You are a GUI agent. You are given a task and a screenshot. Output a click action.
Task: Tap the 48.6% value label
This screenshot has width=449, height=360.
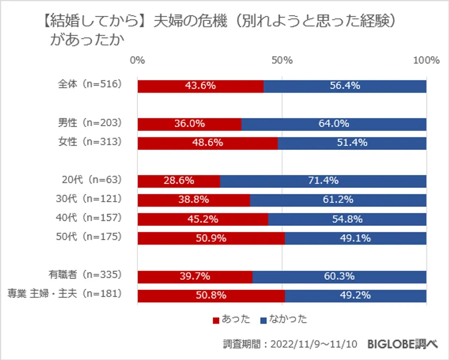click(x=207, y=143)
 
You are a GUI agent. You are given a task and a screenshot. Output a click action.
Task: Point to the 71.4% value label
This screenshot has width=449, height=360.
click(x=323, y=181)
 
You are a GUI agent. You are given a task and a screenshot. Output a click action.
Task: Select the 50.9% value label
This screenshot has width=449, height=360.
click(x=211, y=238)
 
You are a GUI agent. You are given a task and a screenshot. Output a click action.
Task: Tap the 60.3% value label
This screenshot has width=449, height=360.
click(x=339, y=276)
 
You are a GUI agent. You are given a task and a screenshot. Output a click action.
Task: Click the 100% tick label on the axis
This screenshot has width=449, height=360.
click(x=426, y=60)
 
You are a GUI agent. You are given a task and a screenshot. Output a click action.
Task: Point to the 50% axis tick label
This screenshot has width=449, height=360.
click(x=282, y=60)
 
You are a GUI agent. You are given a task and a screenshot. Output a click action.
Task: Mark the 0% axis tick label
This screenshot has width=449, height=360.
click(x=137, y=60)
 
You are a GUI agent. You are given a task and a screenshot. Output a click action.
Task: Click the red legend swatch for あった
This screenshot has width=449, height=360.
click(x=216, y=320)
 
